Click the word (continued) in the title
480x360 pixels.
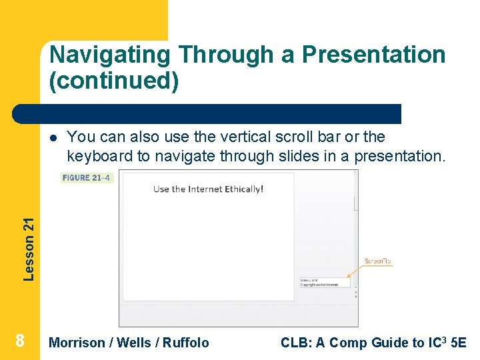pyautogui.click(x=114, y=81)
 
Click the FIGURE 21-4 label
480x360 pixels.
pyautogui.click(x=87, y=178)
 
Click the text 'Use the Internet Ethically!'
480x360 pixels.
pyautogui.click(x=208, y=189)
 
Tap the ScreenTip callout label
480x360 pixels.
pyautogui.click(x=377, y=261)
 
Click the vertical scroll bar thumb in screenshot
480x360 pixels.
pyautogui.click(x=356, y=201)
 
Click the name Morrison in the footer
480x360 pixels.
pyautogui.click(x=77, y=343)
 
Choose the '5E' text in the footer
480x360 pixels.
pyautogui.click(x=459, y=343)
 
